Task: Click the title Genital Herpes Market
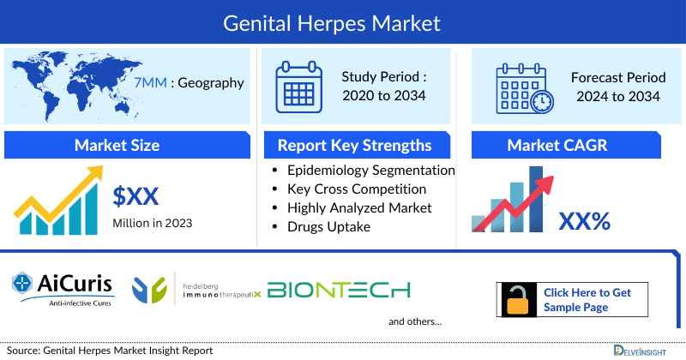coord(343,22)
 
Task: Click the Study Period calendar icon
coord(298,87)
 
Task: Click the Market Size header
coord(117,145)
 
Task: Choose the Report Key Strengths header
coord(354,145)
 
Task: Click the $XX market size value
coord(135,197)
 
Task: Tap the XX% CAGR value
coord(584,222)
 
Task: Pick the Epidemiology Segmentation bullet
coord(370,171)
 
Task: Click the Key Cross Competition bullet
coord(357,189)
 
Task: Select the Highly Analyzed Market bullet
coord(359,207)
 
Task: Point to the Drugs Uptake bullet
coord(328,225)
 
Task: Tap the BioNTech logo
coord(339,291)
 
